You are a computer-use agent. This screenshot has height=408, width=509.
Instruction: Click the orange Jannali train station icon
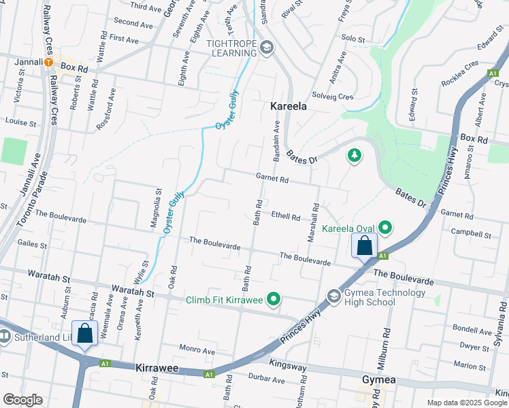[x=49, y=62]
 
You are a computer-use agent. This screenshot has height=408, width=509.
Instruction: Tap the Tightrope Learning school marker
[x=267, y=48]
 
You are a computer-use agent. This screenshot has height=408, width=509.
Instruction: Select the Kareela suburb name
[x=288, y=106]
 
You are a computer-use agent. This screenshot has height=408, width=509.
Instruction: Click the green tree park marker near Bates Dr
[x=354, y=156]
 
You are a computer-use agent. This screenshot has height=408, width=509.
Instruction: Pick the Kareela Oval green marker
[x=385, y=228]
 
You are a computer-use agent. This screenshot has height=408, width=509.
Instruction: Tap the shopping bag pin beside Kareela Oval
[x=364, y=245]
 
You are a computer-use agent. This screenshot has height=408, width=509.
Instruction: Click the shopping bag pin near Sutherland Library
[x=85, y=334]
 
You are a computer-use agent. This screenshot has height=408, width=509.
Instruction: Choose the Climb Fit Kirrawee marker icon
[x=274, y=298]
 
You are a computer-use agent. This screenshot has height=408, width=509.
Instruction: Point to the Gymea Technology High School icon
[x=334, y=296]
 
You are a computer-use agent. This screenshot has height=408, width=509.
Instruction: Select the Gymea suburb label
[x=378, y=378]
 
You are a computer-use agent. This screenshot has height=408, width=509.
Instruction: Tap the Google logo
[x=22, y=400]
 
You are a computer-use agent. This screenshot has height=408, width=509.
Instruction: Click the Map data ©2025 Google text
[x=466, y=403]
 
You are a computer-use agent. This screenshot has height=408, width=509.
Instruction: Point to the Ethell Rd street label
[x=286, y=217]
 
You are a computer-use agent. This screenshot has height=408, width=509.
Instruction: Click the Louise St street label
[x=20, y=123]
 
